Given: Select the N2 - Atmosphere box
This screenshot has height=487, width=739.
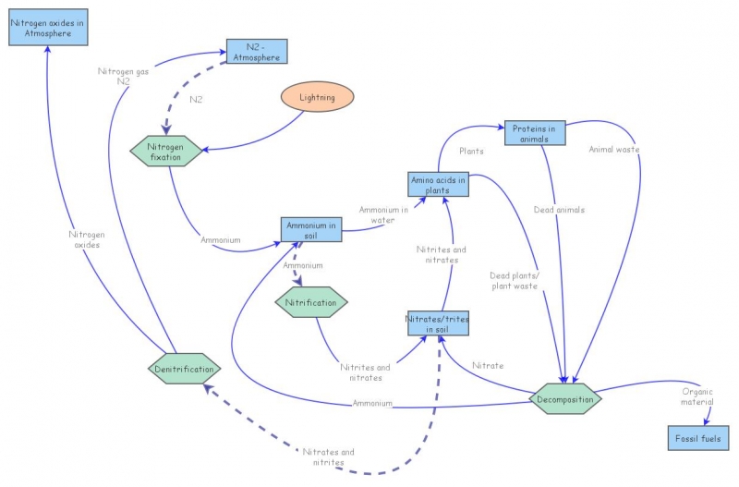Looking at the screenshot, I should coord(256,52).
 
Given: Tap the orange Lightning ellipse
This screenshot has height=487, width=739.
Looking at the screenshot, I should coord(317,97).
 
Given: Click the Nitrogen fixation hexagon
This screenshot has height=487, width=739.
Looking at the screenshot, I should coord(167,151).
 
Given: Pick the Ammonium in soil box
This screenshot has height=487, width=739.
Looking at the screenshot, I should coord(311,229).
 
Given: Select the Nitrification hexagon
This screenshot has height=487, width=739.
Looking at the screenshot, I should coord(312,301).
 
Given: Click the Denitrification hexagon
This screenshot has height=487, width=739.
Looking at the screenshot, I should coord(185,369).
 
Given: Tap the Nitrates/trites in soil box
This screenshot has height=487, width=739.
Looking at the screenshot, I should coord(438,323).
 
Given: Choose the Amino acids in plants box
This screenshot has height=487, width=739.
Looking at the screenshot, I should coord(438,185).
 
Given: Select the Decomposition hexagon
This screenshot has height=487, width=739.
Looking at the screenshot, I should coord(565,398).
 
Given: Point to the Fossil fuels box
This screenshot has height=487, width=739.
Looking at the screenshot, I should coord(698,438).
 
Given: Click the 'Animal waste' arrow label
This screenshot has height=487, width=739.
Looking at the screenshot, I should coord(614,149).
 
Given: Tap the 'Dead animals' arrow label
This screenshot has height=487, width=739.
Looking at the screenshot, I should coord(559,210).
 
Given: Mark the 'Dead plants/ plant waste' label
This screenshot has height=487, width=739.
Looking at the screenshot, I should coord(514,280).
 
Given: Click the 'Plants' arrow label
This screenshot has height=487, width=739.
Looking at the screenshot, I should coord(471,151).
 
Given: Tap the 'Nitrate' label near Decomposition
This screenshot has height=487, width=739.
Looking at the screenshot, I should coord(488,366).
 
